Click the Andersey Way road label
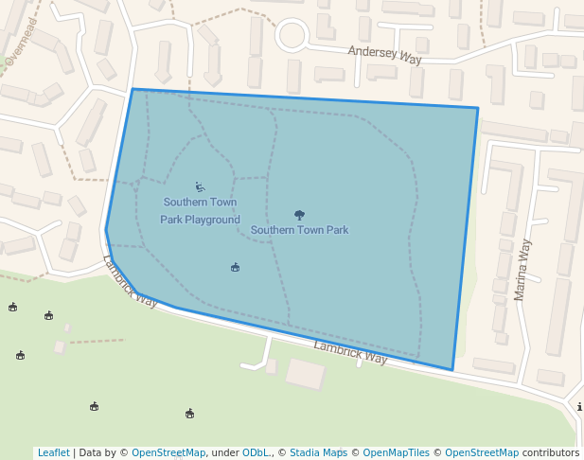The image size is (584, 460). pos(384,55)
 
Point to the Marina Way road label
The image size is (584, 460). pos(522,270)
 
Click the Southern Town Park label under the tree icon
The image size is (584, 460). pos(299,230)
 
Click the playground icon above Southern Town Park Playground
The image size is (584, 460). pos(200,186)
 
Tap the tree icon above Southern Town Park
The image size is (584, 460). pos(300,215)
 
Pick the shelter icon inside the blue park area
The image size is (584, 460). pos(235,268)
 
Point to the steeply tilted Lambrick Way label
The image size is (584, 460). pos(130,281)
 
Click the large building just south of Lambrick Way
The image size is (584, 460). pos(306,374)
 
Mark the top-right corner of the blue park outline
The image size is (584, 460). pos(478,108)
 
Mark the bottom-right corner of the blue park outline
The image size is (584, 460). pos(452,370)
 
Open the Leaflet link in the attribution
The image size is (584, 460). pos(53,452)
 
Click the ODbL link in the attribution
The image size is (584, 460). pos(256,452)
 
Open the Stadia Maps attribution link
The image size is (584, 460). pos(318,452)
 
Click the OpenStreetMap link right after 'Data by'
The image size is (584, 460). pos(168,452)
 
